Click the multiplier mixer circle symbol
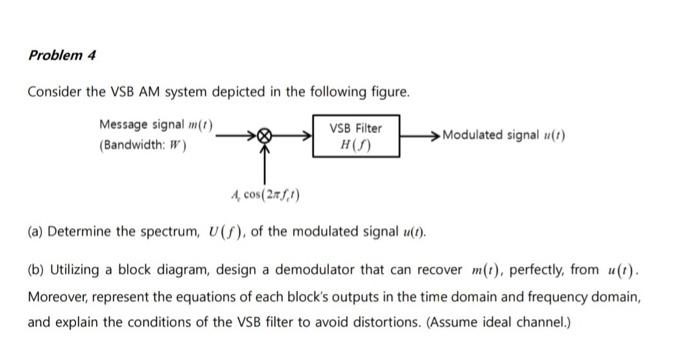[265, 135]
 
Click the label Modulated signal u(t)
[503, 135]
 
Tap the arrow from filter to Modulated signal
[418, 135]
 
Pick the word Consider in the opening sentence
[53, 91]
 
